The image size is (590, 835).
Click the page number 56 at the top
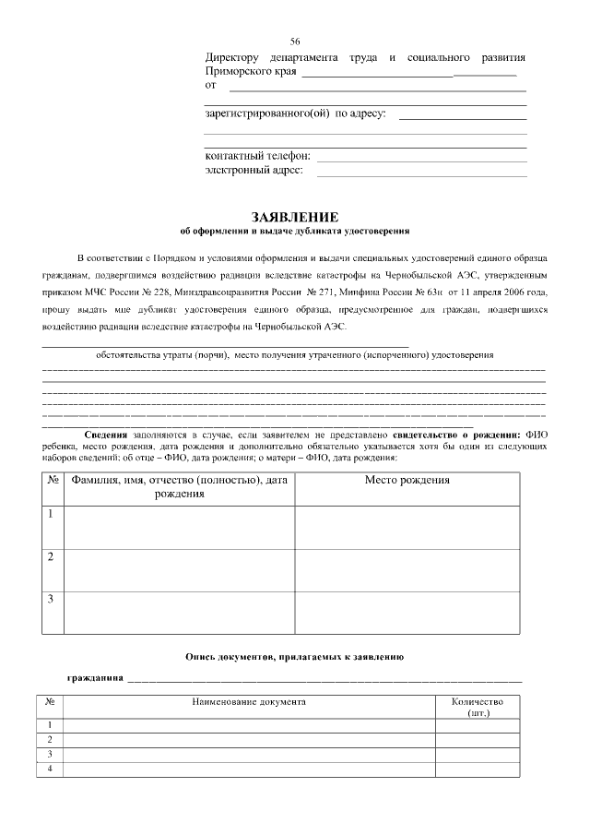tap(295, 42)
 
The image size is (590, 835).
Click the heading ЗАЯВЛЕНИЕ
tap(295, 216)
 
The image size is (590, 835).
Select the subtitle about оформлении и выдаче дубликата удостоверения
tap(295, 231)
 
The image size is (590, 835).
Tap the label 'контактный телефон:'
tap(257, 156)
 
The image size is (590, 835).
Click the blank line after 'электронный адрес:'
tap(421, 172)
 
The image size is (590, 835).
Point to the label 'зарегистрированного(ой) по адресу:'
tap(295, 114)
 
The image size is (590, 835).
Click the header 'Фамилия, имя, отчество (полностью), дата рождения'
tap(178, 487)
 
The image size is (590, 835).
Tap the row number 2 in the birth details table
tap(51, 556)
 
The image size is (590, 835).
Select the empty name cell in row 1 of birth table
tap(178, 526)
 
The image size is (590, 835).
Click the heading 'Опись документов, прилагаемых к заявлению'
tap(295, 656)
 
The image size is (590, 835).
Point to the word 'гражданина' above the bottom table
tap(95, 678)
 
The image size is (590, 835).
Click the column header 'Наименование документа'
tap(249, 702)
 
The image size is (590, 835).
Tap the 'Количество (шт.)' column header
tap(478, 708)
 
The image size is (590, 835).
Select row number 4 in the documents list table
tap(50, 769)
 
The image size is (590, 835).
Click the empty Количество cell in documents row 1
tap(478, 725)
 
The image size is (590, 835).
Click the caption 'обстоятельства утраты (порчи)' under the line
tap(162, 355)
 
